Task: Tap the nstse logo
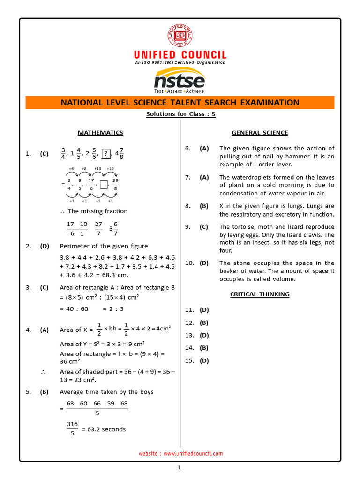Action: point(180,80)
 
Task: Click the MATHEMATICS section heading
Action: point(100,133)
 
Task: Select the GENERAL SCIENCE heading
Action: point(260,133)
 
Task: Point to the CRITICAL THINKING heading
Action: point(260,294)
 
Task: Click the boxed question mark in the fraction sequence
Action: point(107,154)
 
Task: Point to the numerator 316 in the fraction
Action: point(72,424)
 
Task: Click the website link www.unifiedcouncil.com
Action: point(193,453)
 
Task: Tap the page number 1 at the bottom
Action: point(180,467)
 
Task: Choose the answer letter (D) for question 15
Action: point(204,360)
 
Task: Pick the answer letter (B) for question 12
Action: point(204,322)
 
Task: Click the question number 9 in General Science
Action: point(187,226)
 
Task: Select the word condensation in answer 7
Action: point(239,193)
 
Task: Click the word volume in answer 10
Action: point(286,279)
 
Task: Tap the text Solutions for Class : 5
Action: point(180,114)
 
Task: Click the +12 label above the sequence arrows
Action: point(110,169)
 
